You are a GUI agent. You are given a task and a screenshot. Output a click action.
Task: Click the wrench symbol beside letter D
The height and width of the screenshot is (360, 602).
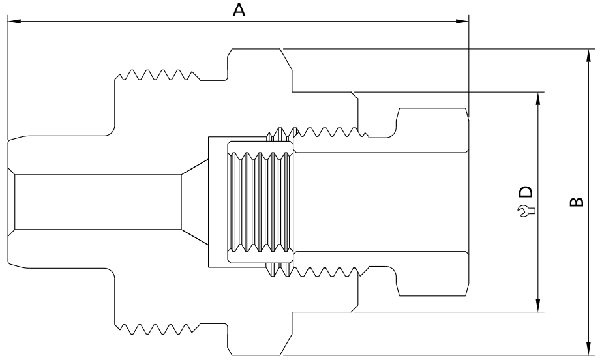[526, 210]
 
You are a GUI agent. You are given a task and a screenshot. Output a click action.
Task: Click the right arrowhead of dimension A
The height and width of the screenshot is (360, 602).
[462, 22]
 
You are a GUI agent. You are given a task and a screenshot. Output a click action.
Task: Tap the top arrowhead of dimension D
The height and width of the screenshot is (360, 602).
[538, 97]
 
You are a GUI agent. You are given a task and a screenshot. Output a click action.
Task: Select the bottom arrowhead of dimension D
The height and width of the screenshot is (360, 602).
[538, 306]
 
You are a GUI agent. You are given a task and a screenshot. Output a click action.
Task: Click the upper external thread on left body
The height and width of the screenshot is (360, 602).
[157, 74]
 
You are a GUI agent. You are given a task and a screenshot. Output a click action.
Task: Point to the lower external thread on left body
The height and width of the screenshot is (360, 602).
[157, 327]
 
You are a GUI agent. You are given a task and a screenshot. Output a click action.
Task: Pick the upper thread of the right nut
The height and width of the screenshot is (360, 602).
[329, 132]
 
